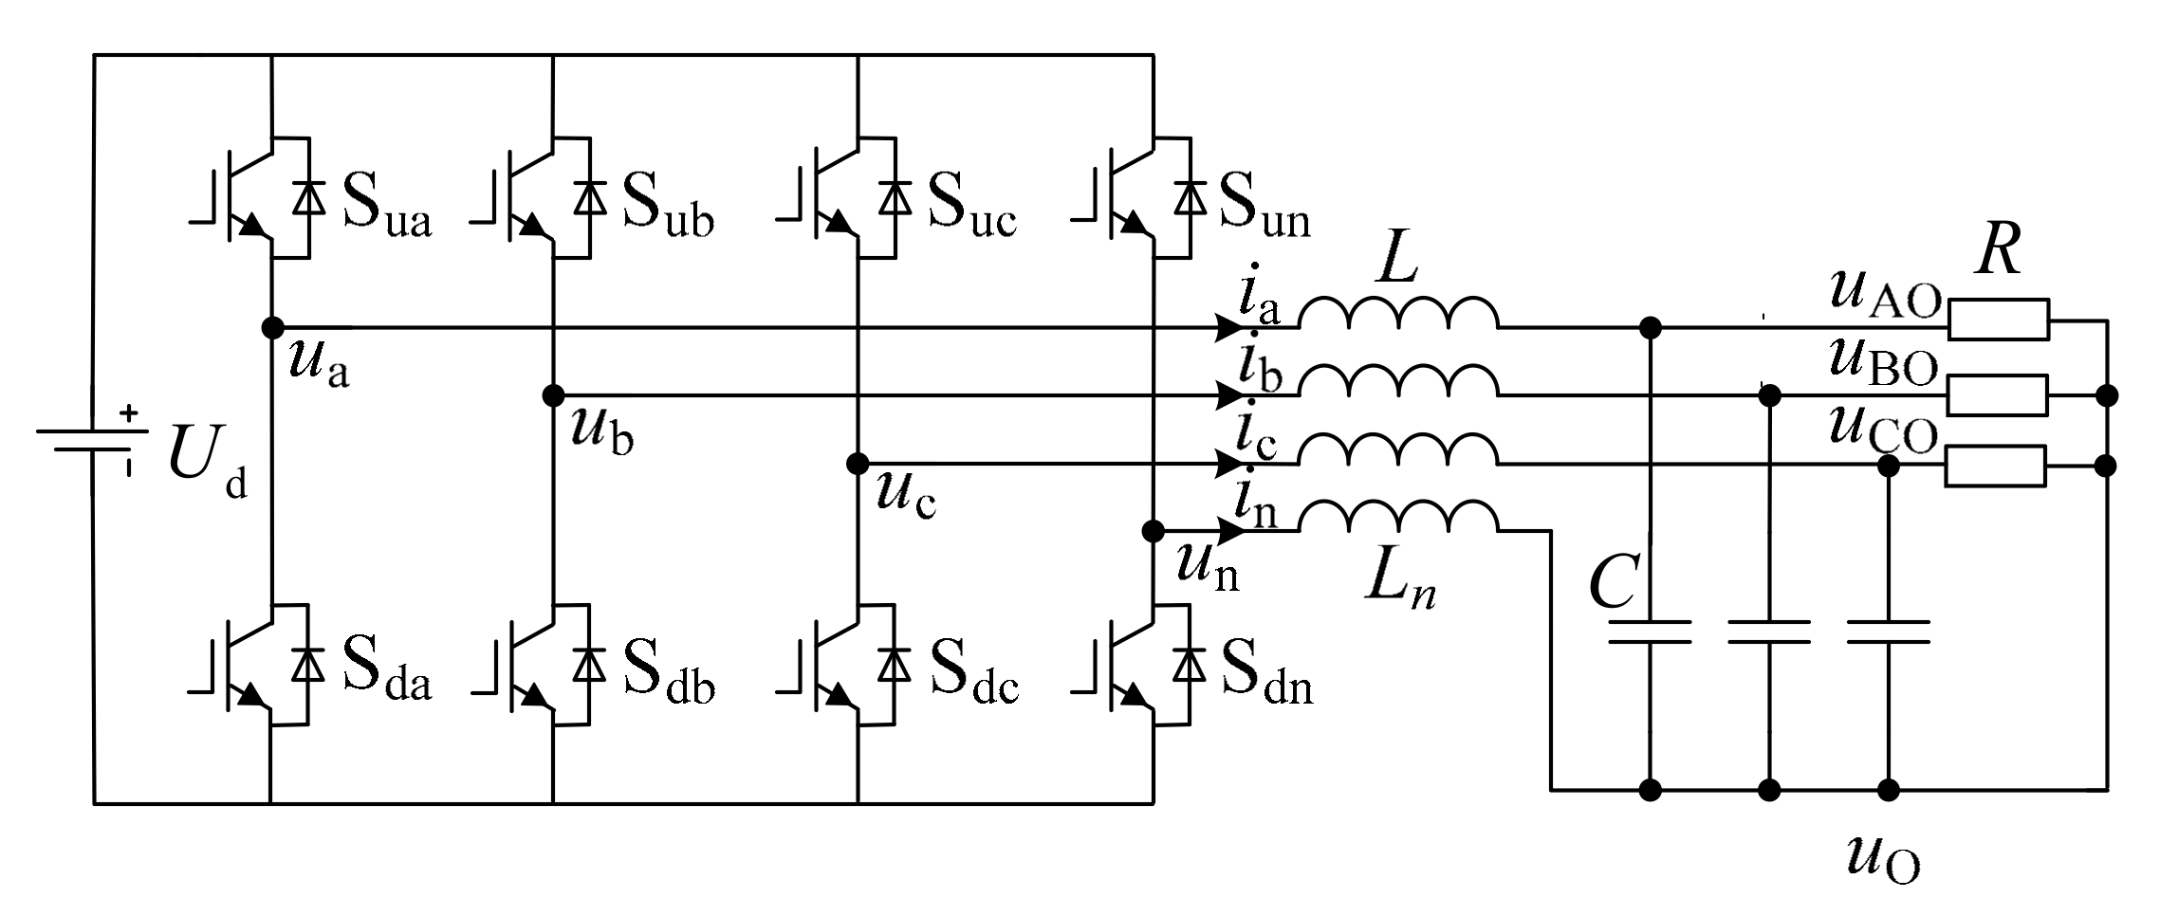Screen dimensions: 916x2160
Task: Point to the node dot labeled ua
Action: tap(272, 328)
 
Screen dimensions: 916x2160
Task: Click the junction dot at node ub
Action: tap(552, 395)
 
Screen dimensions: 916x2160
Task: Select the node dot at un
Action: tap(1154, 531)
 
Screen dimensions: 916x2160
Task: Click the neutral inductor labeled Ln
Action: tap(1398, 518)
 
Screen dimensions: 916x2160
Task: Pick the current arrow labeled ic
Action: tap(1231, 464)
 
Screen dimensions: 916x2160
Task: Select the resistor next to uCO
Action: tap(1995, 467)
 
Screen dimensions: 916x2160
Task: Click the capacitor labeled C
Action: tap(1651, 632)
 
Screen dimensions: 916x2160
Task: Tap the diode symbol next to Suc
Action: tap(894, 198)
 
